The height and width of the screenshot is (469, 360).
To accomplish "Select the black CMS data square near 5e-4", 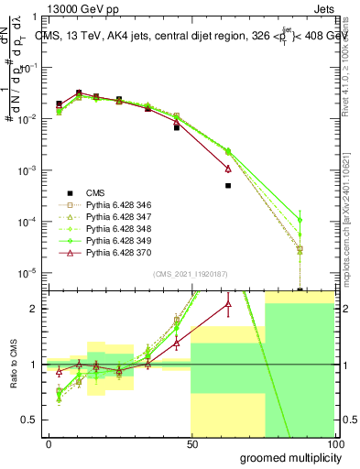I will pyautogui.click(x=228, y=185).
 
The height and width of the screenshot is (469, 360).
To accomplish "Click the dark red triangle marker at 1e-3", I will pyautogui.click(x=228, y=169).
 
